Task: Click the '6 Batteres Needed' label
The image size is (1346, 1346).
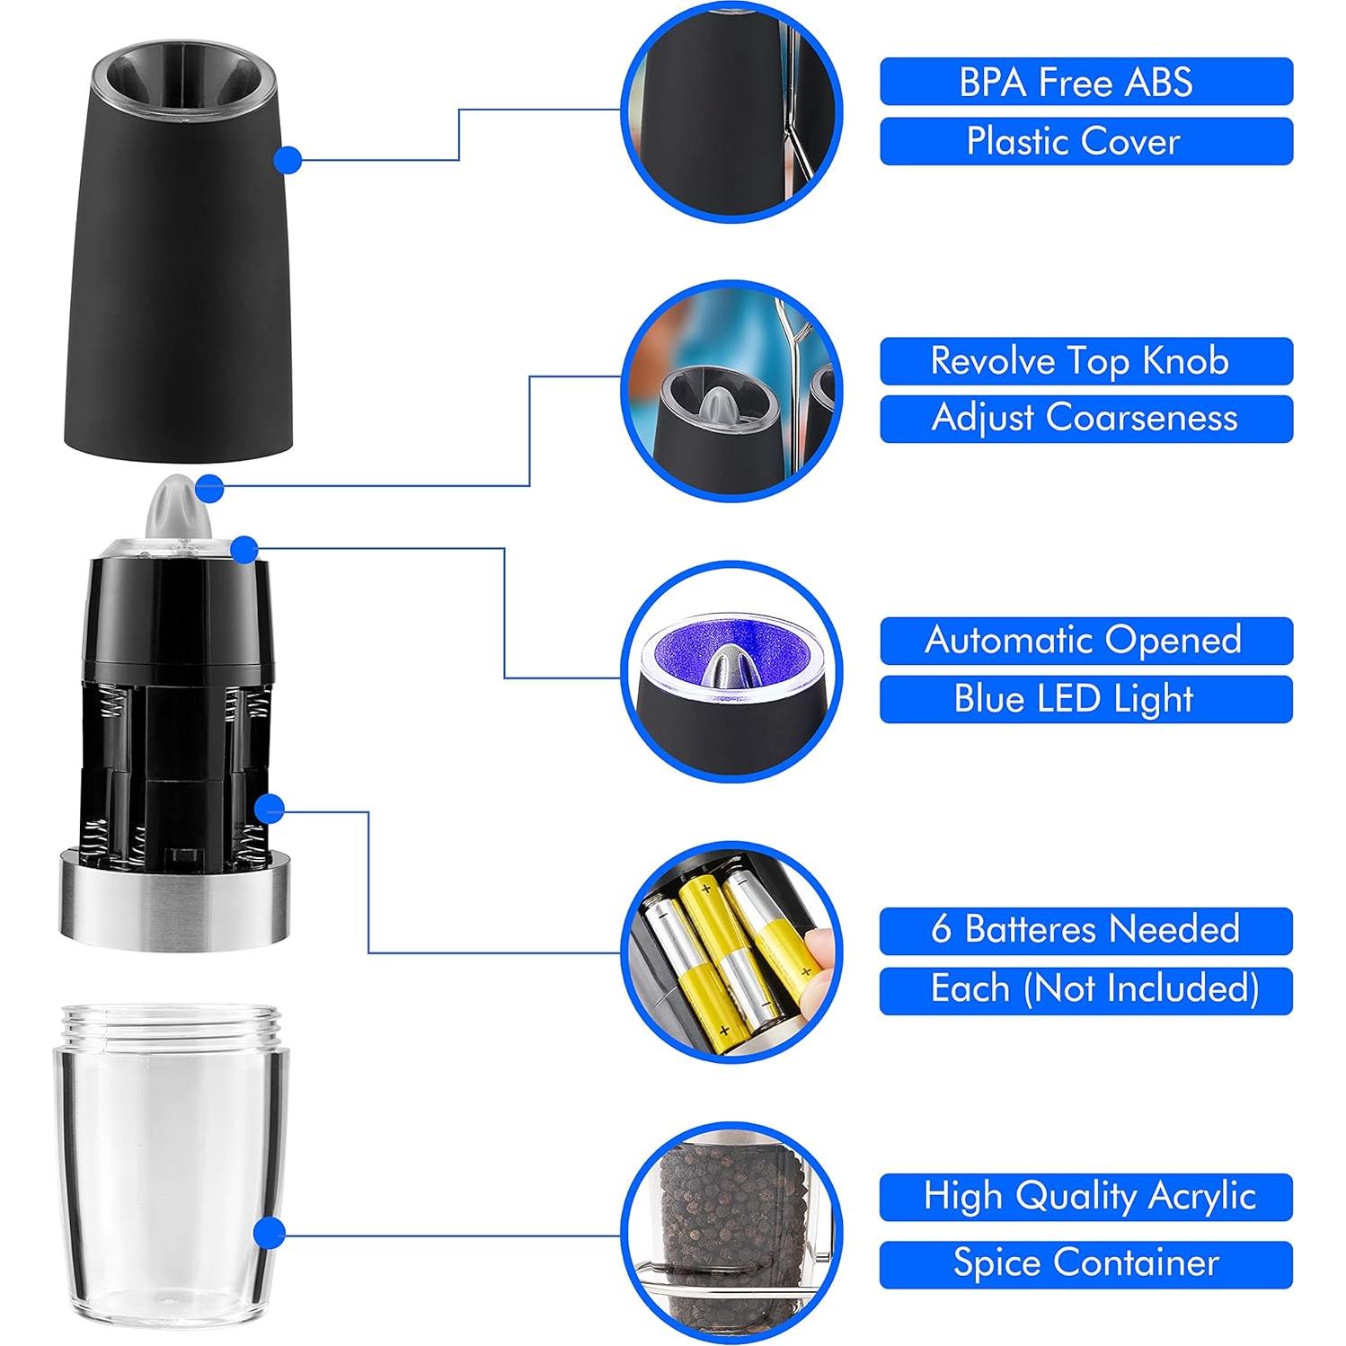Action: click(x=1086, y=930)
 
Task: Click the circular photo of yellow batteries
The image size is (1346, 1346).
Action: click(x=731, y=952)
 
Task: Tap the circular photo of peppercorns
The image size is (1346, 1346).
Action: click(x=731, y=1234)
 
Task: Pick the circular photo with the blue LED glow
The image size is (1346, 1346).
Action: click(x=731, y=671)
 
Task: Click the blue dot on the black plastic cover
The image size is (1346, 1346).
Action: click(x=287, y=160)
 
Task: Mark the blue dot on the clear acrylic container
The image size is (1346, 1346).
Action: click(x=269, y=1234)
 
